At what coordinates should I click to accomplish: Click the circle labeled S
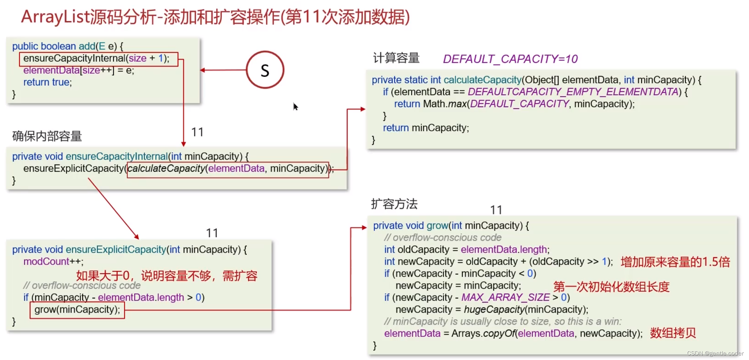[x=265, y=70]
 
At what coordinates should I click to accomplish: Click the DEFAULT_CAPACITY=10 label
[x=510, y=59]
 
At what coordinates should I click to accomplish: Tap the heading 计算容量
[x=396, y=58]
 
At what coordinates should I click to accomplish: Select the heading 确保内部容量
[x=47, y=136]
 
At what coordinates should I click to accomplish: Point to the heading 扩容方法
[x=394, y=204]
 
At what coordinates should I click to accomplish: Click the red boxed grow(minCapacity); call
[x=77, y=310]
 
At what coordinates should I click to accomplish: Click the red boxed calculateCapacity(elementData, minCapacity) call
[x=228, y=169]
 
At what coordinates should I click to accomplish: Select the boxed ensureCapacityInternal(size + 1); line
[x=98, y=58]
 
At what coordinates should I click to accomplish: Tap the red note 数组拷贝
[x=673, y=333]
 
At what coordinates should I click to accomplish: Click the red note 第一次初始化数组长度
[x=611, y=286]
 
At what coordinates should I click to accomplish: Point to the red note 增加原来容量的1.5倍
[x=675, y=262]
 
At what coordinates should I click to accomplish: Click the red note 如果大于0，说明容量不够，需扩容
[x=167, y=276]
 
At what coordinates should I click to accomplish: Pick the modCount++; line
[x=54, y=262]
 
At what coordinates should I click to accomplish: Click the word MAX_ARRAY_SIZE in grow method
[x=505, y=297]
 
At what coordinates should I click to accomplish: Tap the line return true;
[x=47, y=82]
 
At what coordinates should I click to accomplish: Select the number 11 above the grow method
[x=496, y=210]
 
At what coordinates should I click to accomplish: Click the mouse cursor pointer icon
[x=295, y=106]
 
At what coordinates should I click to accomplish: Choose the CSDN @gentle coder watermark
[x=715, y=353]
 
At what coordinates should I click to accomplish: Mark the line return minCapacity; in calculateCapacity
[x=426, y=128]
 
